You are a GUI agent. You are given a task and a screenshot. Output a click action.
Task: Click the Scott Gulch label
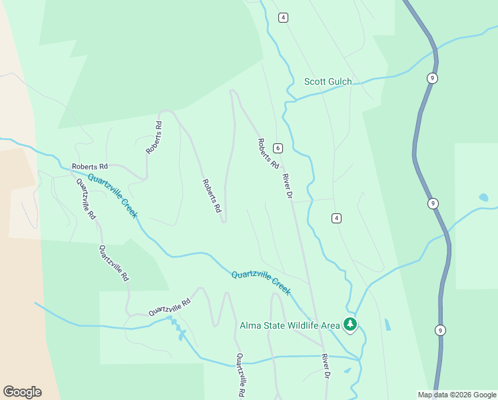pyautogui.click(x=328, y=82)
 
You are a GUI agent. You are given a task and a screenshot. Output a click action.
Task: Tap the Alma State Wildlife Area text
pyautogui.click(x=290, y=325)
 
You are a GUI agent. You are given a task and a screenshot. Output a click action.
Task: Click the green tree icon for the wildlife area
pyautogui.click(x=350, y=325)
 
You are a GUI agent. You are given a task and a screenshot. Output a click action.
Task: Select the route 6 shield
pyautogui.click(x=277, y=148)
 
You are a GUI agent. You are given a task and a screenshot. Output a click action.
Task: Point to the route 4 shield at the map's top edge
pyautogui.click(x=284, y=17)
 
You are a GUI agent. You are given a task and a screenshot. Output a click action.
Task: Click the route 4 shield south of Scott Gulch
pyautogui.click(x=337, y=218)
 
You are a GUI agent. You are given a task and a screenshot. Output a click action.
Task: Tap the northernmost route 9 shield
pyautogui.click(x=433, y=78)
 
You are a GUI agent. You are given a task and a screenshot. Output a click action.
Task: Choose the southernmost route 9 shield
pyautogui.click(x=440, y=329)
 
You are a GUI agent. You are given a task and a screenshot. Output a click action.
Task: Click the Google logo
pyautogui.click(x=22, y=392)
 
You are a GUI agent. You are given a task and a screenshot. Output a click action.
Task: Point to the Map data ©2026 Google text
pyautogui.click(x=456, y=395)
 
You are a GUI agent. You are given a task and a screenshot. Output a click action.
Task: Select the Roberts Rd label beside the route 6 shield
pyautogui.click(x=268, y=153)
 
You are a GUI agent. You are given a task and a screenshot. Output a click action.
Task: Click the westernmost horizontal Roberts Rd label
pyautogui.click(x=90, y=166)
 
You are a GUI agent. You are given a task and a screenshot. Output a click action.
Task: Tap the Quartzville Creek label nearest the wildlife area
pyautogui.click(x=261, y=283)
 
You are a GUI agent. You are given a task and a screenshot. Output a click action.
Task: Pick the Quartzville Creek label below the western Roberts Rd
pyautogui.click(x=113, y=195)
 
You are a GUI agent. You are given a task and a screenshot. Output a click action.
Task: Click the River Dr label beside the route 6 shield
pyautogui.click(x=288, y=186)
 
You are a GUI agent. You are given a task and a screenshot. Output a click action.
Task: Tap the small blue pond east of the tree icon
pyautogui.click(x=387, y=325)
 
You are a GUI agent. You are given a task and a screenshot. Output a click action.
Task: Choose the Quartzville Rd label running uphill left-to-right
pyautogui.click(x=169, y=307)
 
